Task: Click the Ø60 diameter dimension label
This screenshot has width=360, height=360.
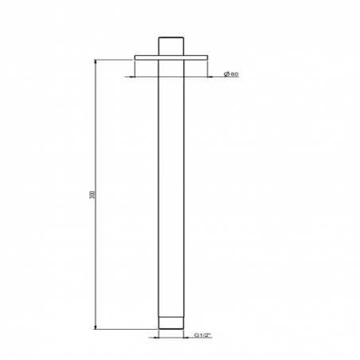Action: point(231,75)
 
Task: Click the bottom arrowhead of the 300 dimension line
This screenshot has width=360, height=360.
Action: point(97,326)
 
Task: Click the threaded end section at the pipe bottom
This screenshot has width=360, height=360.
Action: point(172,323)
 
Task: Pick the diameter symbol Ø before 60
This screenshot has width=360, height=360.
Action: point(226,75)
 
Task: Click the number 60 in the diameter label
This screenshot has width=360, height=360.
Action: point(235,75)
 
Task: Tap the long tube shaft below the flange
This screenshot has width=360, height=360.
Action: point(172,191)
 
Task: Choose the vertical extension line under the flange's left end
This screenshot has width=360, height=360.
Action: point(135,69)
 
